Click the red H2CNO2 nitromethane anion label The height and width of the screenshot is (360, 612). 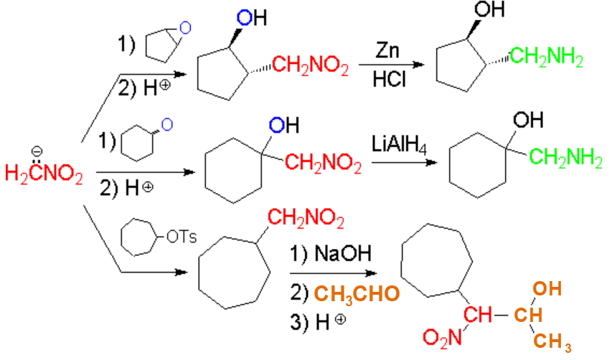coord(43,172)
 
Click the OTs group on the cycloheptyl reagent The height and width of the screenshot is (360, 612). coord(180,236)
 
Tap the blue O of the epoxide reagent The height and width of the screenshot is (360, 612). coord(185,28)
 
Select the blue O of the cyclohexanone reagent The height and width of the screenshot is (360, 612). coord(166,124)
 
